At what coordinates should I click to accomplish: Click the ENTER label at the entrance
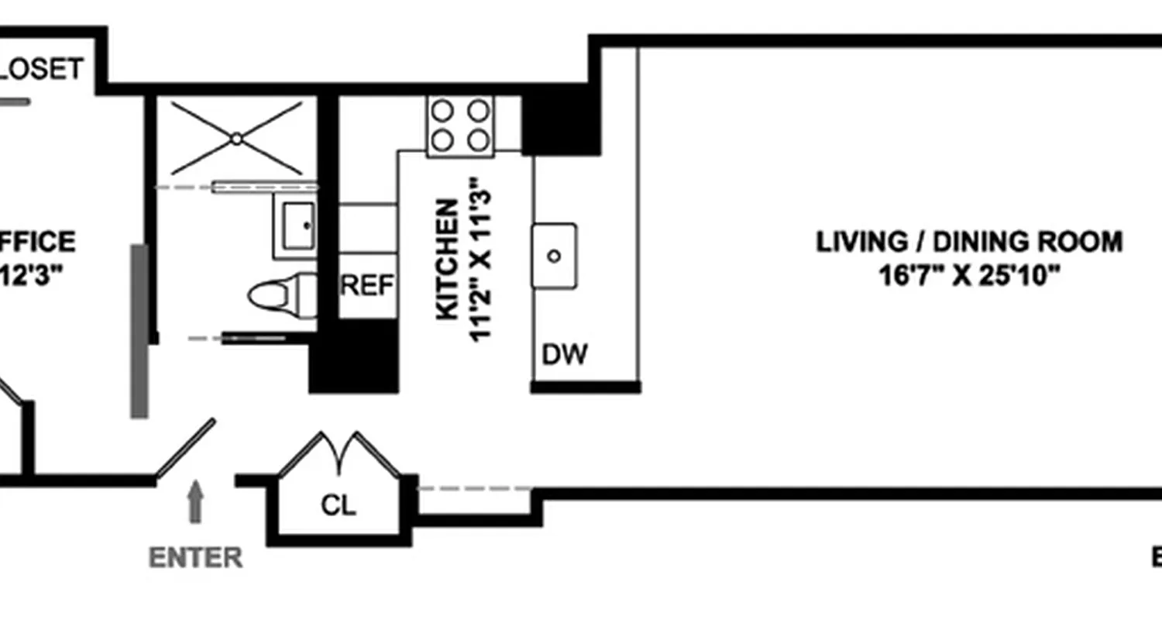point(195,557)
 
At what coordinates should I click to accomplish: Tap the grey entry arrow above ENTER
point(195,501)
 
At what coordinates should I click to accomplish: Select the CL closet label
point(339,506)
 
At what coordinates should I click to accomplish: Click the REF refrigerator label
point(368,286)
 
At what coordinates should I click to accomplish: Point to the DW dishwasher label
point(565,355)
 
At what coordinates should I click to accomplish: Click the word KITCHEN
point(447,260)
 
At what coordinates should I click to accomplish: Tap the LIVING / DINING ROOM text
point(969,242)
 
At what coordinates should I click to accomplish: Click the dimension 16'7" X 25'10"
point(969,275)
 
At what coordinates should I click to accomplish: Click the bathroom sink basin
point(295,226)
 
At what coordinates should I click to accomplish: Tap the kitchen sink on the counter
point(554,256)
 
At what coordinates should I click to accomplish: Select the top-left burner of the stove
point(442,112)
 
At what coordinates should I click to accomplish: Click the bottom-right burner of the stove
point(480,140)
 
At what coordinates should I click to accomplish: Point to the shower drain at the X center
point(236,139)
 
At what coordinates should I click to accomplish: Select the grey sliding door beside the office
point(139,332)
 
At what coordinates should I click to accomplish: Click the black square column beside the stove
point(560,124)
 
